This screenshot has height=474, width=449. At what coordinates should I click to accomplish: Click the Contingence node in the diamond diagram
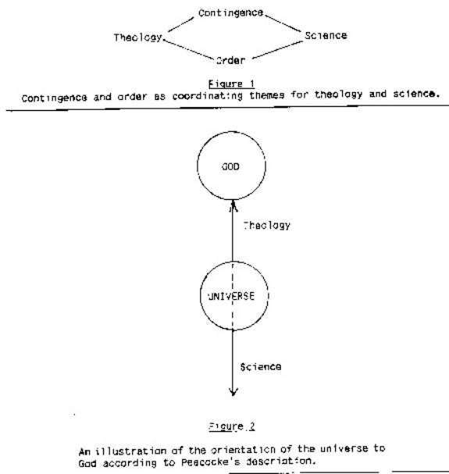click(230, 13)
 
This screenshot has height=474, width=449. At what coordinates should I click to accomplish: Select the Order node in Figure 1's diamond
click(230, 60)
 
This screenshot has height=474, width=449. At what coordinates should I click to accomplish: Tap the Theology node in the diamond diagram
click(138, 37)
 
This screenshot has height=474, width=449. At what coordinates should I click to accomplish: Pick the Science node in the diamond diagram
click(326, 36)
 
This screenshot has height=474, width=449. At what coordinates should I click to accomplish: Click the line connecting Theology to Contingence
click(181, 25)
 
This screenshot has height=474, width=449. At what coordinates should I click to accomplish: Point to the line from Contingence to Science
click(283, 23)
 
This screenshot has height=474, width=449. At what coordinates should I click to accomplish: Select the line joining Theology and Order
click(188, 49)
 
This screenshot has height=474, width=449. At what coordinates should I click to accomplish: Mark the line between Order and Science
click(277, 50)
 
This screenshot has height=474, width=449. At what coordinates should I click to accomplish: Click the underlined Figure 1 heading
click(232, 84)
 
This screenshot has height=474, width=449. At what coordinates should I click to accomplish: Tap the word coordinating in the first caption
click(208, 96)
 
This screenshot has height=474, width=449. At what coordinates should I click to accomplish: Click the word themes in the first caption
click(267, 95)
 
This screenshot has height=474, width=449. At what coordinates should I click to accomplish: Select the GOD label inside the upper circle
click(230, 166)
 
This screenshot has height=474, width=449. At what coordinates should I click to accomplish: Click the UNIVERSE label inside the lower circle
click(231, 296)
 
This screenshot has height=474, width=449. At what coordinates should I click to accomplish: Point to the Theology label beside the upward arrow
click(267, 225)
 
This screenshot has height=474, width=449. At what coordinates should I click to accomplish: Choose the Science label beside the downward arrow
click(261, 367)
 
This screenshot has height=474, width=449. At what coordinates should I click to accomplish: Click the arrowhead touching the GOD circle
click(233, 205)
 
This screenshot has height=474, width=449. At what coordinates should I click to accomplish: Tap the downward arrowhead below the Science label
click(233, 392)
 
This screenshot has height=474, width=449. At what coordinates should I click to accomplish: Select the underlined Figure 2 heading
click(232, 426)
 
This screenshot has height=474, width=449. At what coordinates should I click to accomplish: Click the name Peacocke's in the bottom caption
click(211, 462)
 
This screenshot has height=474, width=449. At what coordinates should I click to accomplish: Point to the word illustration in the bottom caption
click(131, 451)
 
